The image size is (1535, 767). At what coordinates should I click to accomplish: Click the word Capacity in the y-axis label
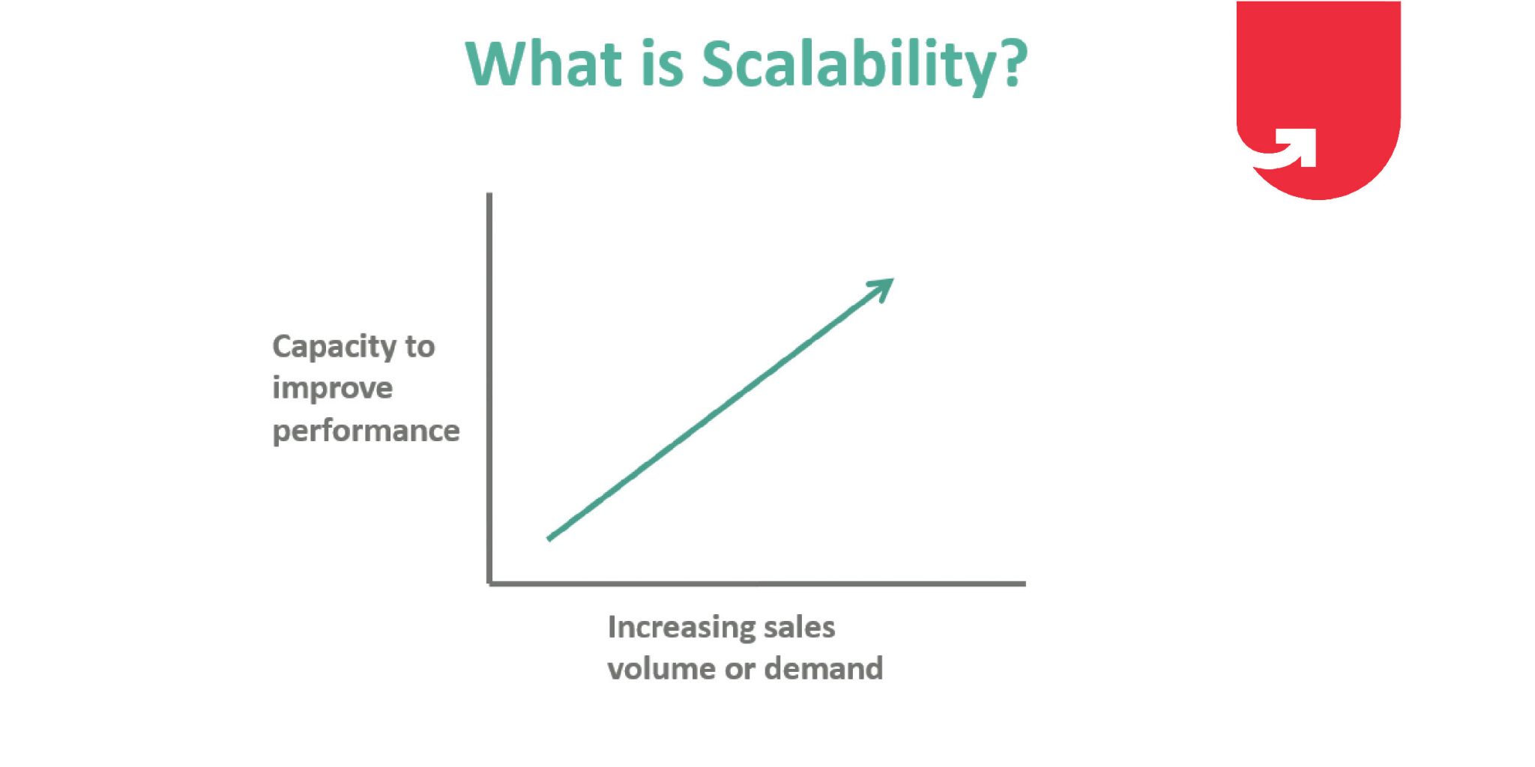coord(334,348)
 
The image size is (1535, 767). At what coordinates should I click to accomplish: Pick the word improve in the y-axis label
coord(332,389)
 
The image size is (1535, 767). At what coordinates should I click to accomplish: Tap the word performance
coord(366,431)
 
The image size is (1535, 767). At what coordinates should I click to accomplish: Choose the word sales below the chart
coord(799,627)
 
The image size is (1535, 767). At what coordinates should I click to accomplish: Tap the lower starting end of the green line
coord(549,539)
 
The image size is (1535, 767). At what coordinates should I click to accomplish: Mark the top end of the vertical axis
coord(489,194)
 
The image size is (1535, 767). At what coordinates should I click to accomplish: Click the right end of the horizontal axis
coord(1025,583)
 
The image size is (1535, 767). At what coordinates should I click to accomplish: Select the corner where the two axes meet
coord(489,583)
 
